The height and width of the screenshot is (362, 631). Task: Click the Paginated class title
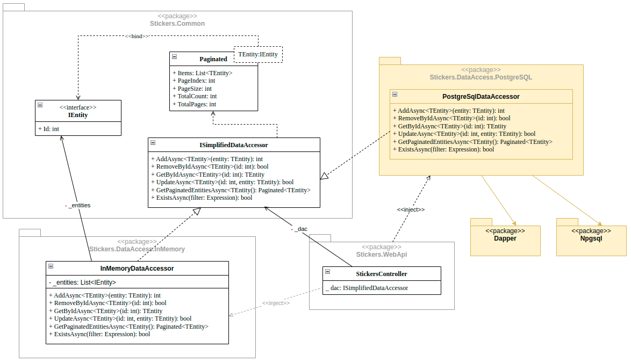click(x=213, y=59)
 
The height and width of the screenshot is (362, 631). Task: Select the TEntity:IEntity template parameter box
click(x=258, y=54)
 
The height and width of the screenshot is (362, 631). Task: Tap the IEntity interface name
click(x=78, y=115)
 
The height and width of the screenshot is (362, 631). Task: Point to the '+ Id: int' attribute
click(x=49, y=129)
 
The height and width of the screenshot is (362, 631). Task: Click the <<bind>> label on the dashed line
click(x=137, y=36)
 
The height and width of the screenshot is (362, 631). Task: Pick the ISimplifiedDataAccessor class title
click(x=233, y=145)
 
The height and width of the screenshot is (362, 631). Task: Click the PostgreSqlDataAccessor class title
click(x=481, y=97)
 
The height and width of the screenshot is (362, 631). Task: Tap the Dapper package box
click(x=505, y=237)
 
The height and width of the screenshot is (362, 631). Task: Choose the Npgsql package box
click(x=591, y=237)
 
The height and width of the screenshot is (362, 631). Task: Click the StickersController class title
click(x=382, y=274)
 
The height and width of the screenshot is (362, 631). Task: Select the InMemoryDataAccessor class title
click(x=137, y=269)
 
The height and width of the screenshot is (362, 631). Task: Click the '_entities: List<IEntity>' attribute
click(x=82, y=283)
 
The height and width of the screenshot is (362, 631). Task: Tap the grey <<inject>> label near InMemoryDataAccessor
click(x=276, y=303)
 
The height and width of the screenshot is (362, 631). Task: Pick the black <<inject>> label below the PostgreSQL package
click(x=411, y=209)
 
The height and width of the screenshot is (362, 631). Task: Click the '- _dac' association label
click(x=299, y=229)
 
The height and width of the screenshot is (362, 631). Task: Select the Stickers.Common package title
click(x=177, y=24)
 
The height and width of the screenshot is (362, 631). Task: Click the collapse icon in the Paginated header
click(x=175, y=57)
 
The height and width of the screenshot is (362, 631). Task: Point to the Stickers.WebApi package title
click(x=382, y=255)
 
